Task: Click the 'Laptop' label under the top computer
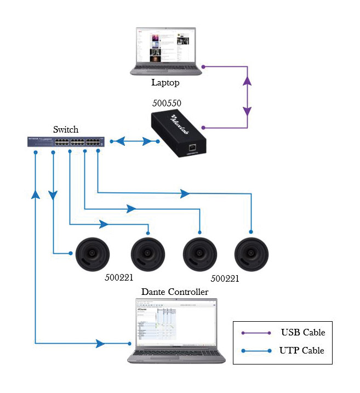165,83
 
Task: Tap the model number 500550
166,103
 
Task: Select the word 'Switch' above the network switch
66,130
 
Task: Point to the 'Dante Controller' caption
175,292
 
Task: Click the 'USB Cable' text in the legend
303,332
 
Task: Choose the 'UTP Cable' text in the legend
302,350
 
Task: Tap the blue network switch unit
66,142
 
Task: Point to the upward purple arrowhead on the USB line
247,81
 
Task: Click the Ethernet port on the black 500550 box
192,147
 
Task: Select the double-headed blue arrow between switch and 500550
135,141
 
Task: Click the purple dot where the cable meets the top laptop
203,67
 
